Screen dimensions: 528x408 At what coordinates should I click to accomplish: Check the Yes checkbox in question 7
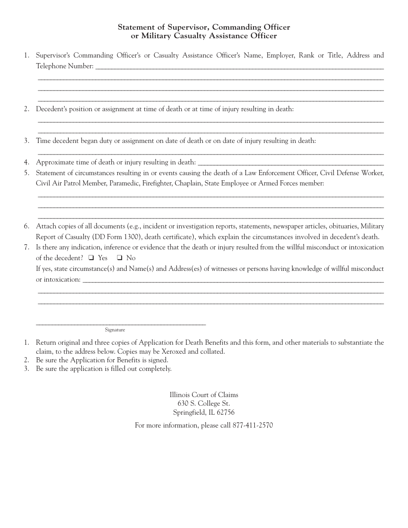click(91, 258)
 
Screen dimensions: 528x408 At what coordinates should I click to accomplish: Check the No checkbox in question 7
click(120, 258)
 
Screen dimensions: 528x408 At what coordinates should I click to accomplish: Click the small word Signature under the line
click(115, 330)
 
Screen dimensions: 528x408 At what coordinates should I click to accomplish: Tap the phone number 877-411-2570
click(253, 425)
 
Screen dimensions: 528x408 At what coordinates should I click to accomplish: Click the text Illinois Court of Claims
click(204, 394)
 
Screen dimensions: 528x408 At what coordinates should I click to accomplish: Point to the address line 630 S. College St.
click(204, 404)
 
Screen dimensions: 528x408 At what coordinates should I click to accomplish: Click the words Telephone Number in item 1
click(64, 66)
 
